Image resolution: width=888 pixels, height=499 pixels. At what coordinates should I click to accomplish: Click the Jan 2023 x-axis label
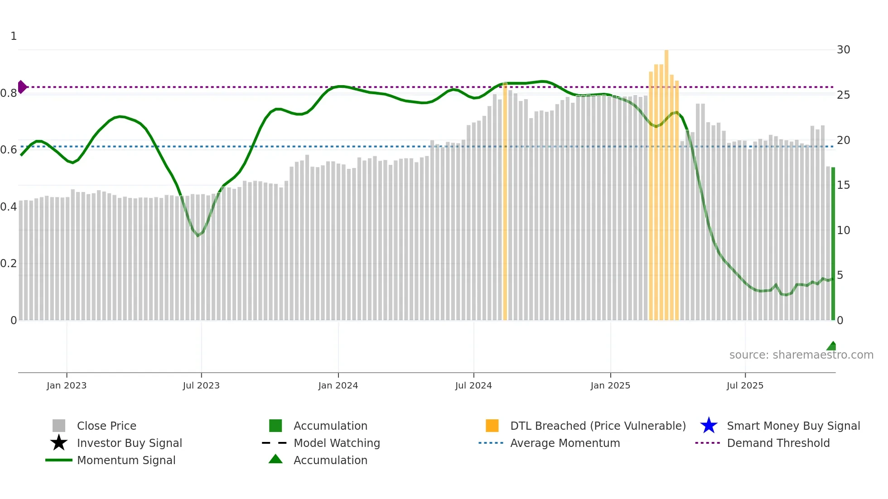pyautogui.click(x=67, y=386)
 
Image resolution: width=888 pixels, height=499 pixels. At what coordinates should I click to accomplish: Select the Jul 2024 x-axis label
pyautogui.click(x=473, y=386)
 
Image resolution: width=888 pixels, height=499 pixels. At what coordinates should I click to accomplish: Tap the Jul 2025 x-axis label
pyautogui.click(x=745, y=386)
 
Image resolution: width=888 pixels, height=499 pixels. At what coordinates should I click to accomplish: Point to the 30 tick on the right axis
pyautogui.click(x=843, y=50)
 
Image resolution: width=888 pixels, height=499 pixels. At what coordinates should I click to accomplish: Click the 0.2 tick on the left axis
pyautogui.click(x=9, y=264)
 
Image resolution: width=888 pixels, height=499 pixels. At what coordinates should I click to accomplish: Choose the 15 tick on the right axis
pyautogui.click(x=843, y=185)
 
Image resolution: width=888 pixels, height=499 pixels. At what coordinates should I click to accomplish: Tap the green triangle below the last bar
pyautogui.click(x=832, y=346)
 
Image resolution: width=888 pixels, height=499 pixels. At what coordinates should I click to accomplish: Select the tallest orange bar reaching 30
pyautogui.click(x=666, y=181)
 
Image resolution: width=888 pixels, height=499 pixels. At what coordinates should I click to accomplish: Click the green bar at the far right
pyautogui.click(x=833, y=245)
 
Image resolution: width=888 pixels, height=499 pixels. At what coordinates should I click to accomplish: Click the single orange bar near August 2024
pyautogui.click(x=505, y=204)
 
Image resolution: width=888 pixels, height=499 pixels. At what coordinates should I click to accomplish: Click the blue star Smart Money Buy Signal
pyautogui.click(x=709, y=426)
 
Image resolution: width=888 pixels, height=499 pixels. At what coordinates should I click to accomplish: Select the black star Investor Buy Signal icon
pyautogui.click(x=59, y=443)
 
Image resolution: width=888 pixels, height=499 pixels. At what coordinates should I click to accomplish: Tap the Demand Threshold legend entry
pyautogui.click(x=778, y=443)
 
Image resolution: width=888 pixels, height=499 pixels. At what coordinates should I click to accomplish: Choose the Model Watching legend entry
pyautogui.click(x=337, y=443)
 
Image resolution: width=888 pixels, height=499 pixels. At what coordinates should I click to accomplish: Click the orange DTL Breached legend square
pyautogui.click(x=492, y=426)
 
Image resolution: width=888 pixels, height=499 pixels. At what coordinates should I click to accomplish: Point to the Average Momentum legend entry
pyautogui.click(x=565, y=443)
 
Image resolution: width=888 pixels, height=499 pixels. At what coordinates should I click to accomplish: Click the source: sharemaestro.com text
pyautogui.click(x=801, y=355)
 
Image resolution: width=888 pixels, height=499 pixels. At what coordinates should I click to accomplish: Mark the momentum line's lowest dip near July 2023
pyautogui.click(x=198, y=235)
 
